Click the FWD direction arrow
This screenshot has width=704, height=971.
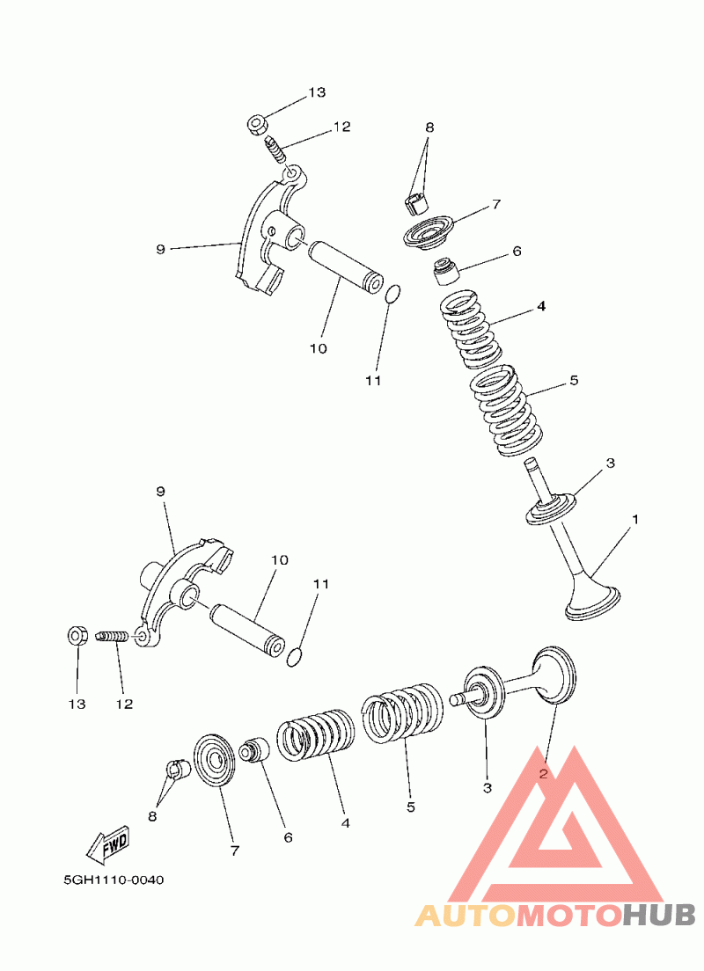pos(108,843)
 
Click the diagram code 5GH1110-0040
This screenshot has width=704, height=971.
pos(114,880)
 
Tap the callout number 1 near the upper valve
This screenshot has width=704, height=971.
pos(635,520)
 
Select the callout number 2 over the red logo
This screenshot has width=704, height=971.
pos(544,773)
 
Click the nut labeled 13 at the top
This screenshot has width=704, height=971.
pos(258,125)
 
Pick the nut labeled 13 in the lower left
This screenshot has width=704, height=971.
pos(77,635)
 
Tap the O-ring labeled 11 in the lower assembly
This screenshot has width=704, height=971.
pos(295,658)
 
